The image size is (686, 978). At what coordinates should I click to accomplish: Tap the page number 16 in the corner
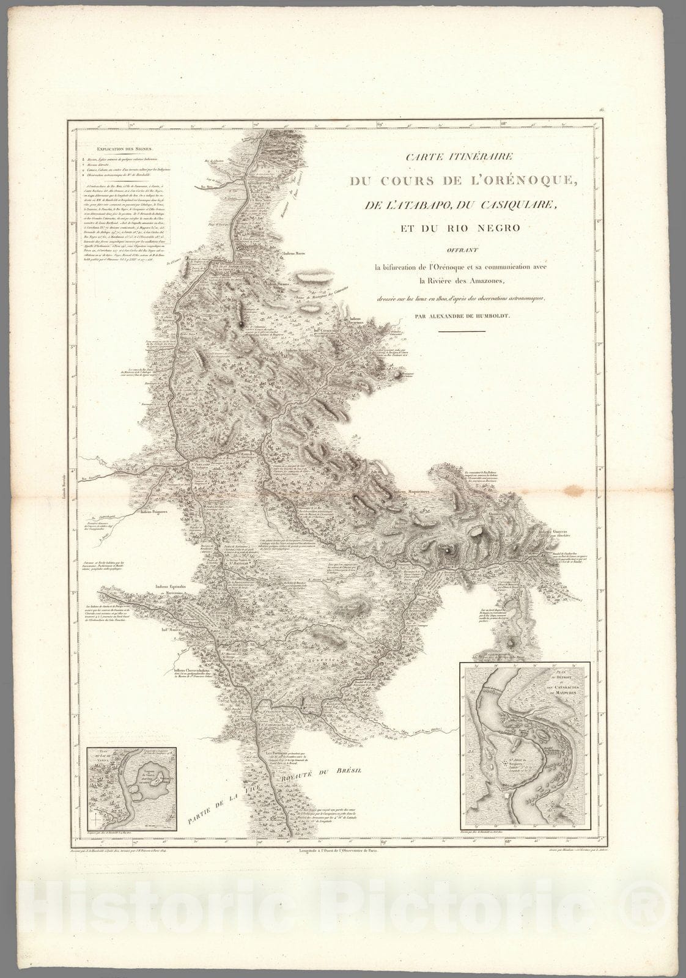click(602, 110)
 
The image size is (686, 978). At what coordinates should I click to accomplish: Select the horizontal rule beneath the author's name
click(462, 331)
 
